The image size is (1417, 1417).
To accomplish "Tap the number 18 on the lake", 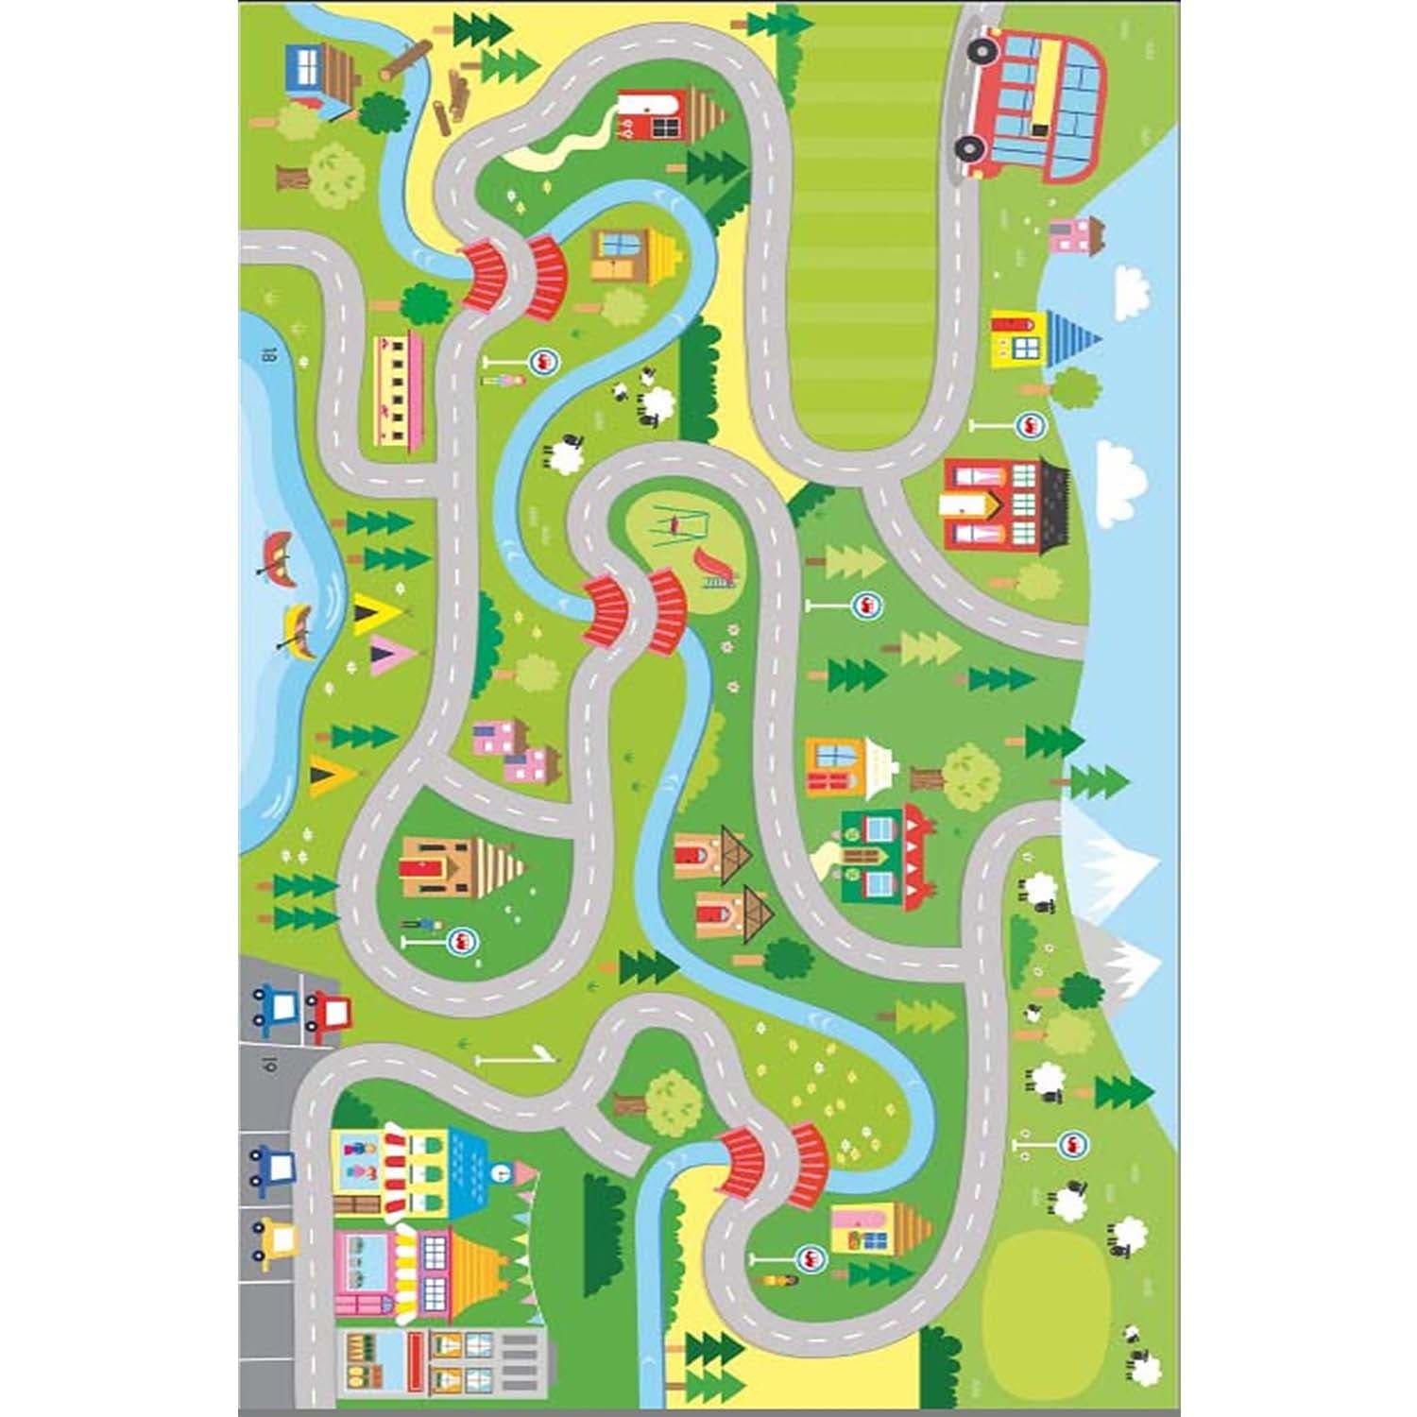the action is click(268, 356).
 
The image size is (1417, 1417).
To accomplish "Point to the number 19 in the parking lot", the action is click(267, 1066).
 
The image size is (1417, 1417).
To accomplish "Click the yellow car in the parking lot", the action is click(274, 1238).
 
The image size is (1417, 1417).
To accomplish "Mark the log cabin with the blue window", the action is click(319, 72).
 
